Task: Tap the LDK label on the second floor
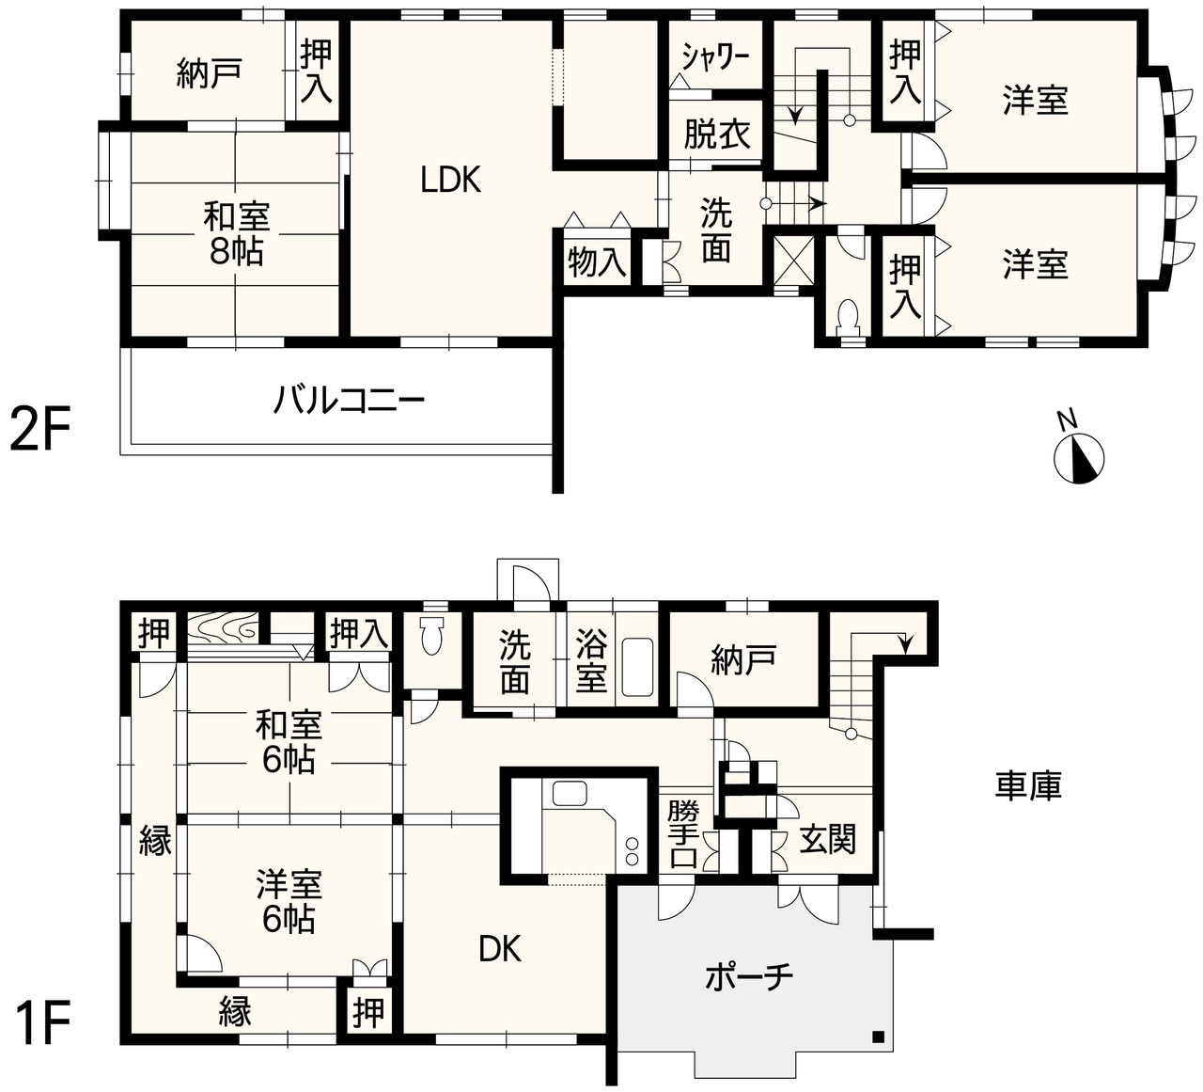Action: point(451,180)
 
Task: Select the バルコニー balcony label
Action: point(349,401)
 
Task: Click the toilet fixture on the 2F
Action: point(848,315)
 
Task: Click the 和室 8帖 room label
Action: point(236,233)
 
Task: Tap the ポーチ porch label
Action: point(749,976)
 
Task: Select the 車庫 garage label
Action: point(1028,785)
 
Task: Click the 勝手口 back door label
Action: point(683,834)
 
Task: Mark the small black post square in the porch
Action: point(879,1037)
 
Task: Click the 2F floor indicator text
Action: point(40,427)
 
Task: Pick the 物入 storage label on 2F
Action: point(597,262)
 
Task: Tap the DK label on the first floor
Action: point(500,948)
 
